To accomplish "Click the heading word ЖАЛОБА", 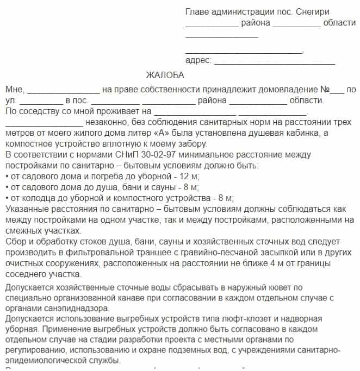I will coord(165,75).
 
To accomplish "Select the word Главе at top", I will coord(197,12).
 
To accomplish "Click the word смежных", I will coord(21,230).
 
